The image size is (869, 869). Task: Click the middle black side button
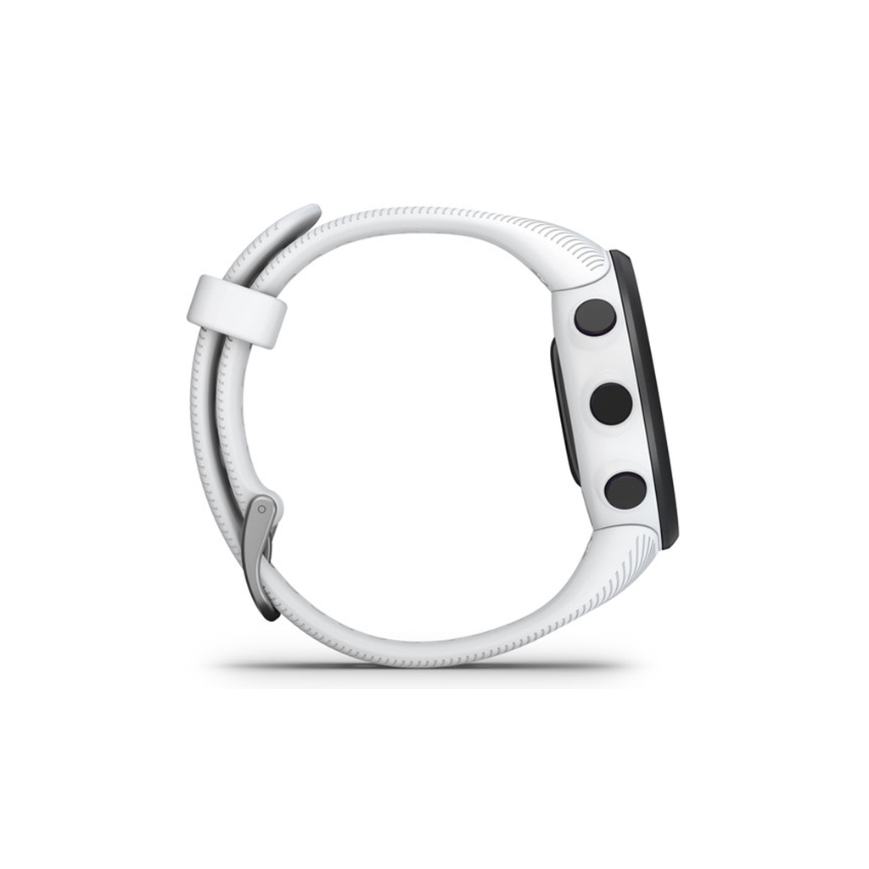coord(611,404)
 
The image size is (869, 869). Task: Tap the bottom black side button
coord(625,491)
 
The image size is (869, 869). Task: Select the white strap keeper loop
coord(236,311)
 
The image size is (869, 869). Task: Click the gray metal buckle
coord(261,552)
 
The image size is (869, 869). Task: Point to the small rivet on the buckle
coord(262,510)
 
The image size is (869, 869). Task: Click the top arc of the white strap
coord(424,216)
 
